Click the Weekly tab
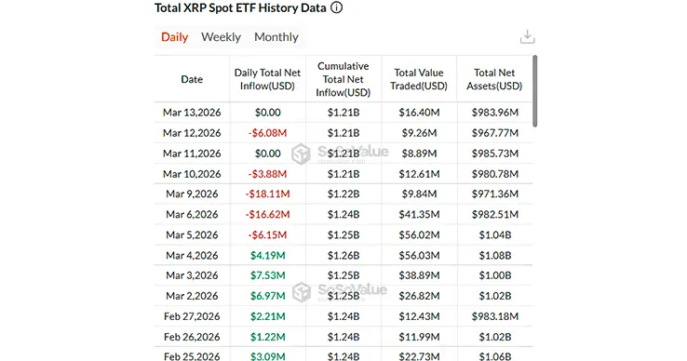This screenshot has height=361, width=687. [x=221, y=37]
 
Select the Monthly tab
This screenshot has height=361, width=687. [x=276, y=37]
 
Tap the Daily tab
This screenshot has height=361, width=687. [x=174, y=37]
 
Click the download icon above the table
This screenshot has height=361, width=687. [x=527, y=37]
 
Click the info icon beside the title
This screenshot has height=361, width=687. [x=336, y=7]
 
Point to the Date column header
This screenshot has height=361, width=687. [x=192, y=79]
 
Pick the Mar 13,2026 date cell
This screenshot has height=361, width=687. [x=191, y=112]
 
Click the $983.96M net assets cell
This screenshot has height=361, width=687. [x=495, y=112]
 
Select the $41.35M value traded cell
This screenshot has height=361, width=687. [x=421, y=214]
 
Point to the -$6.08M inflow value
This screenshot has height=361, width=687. [x=266, y=132]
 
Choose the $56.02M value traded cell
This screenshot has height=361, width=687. [x=421, y=235]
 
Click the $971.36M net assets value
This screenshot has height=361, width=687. [x=495, y=194]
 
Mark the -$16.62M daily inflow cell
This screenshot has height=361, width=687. [x=266, y=214]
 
